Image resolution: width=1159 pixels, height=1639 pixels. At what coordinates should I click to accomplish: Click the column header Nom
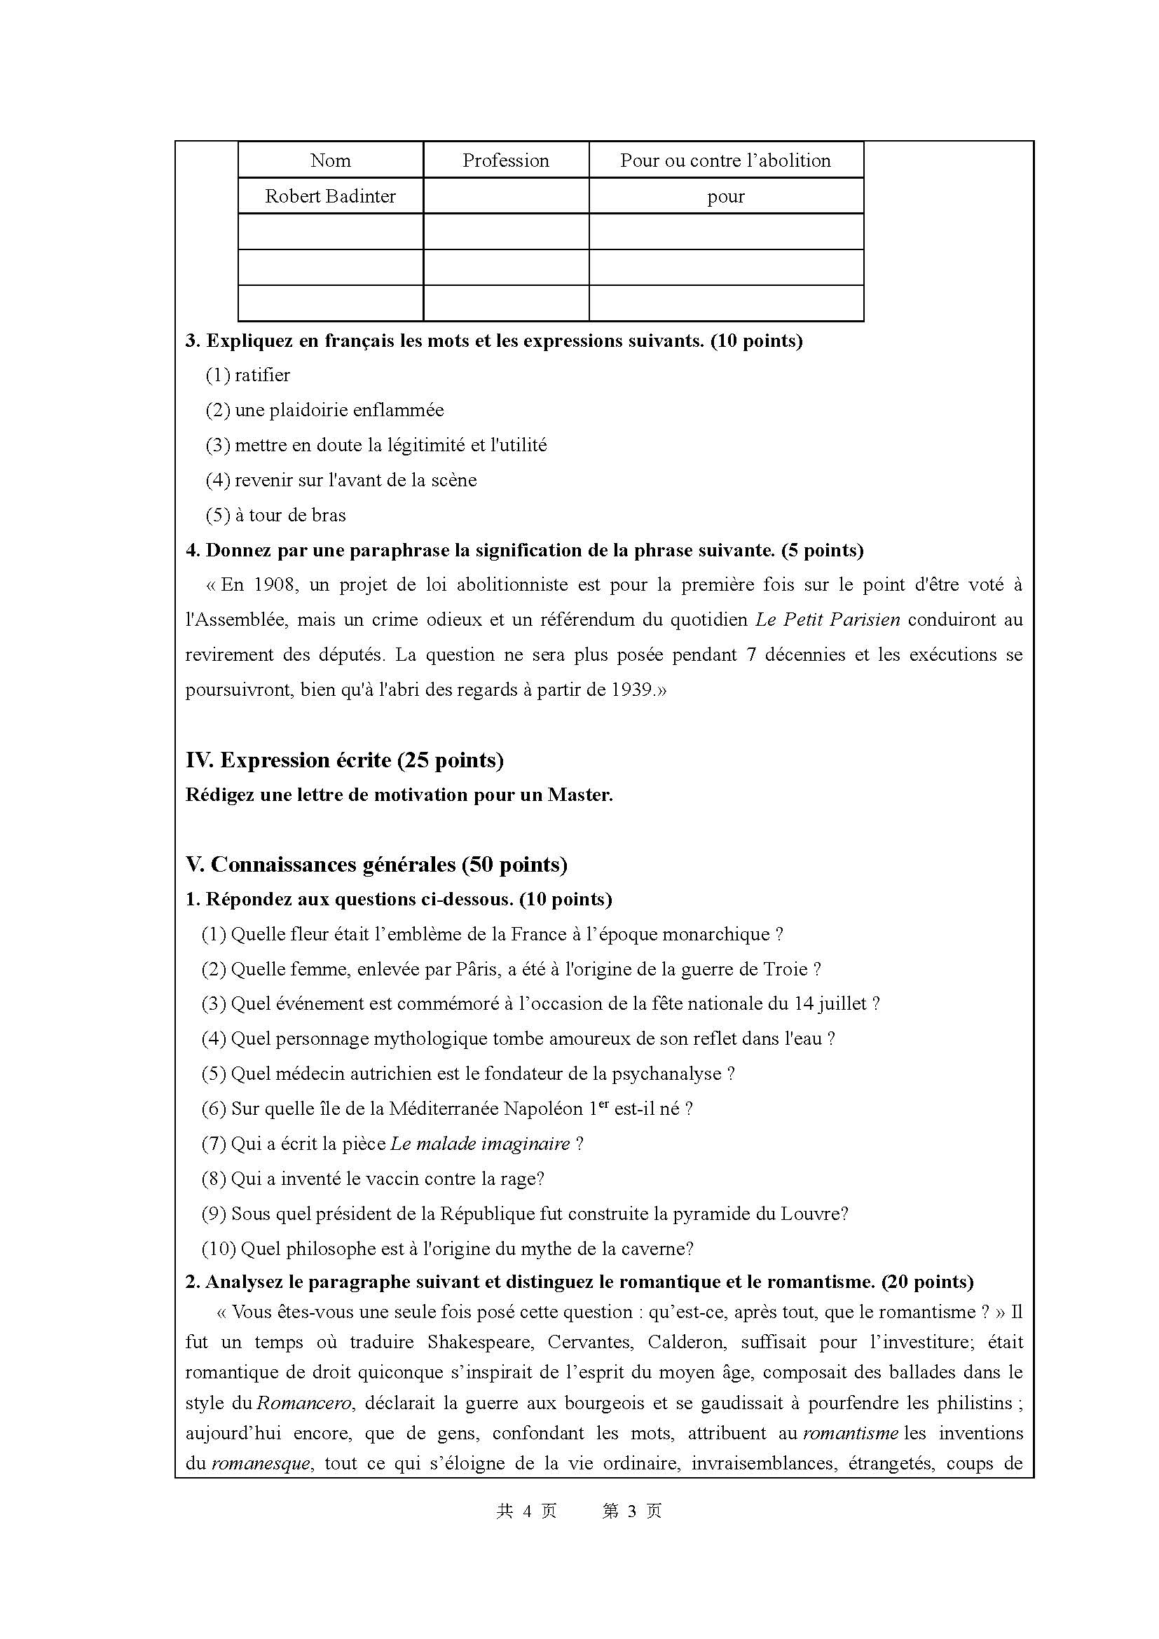pyautogui.click(x=331, y=160)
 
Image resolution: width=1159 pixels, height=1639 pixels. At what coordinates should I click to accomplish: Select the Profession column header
pyautogui.click(x=505, y=160)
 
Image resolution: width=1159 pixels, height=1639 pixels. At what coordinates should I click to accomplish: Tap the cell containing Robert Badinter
pyautogui.click(x=331, y=196)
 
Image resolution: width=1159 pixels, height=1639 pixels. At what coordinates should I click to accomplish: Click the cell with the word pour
pyautogui.click(x=726, y=196)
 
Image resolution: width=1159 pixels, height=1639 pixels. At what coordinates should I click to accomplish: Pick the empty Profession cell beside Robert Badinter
pyautogui.click(x=505, y=196)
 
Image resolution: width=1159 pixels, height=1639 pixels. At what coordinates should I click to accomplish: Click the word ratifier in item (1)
pyautogui.click(x=262, y=375)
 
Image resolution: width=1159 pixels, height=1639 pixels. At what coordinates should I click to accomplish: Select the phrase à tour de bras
pyautogui.click(x=290, y=515)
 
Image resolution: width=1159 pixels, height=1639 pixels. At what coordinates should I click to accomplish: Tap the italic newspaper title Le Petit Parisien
pyautogui.click(x=827, y=619)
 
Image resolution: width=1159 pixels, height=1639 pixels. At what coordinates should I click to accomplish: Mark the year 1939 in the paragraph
pyautogui.click(x=632, y=690)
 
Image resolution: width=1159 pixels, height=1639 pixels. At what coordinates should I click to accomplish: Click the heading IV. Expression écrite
pyautogui.click(x=344, y=760)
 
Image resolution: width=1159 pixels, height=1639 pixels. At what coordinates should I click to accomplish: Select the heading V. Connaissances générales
pyautogui.click(x=376, y=865)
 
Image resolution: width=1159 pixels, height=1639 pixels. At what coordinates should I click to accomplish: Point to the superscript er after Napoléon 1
pyautogui.click(x=603, y=1104)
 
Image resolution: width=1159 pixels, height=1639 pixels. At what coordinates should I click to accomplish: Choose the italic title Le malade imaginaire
pyautogui.click(x=480, y=1144)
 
